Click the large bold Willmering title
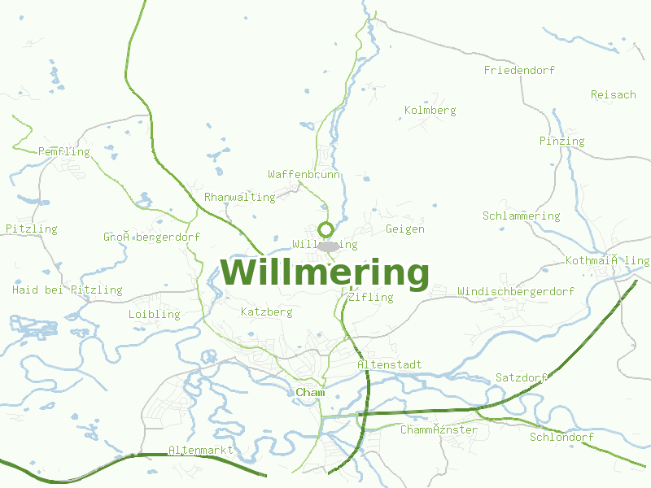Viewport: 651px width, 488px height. coord(325,273)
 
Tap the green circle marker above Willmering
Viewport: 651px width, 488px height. coord(326,229)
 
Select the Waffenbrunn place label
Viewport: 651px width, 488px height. coord(304,175)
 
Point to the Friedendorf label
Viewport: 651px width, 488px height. coord(519,71)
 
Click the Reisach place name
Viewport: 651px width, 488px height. coord(613,95)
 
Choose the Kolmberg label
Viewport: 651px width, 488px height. coord(430,111)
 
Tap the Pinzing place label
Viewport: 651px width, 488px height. coord(561,142)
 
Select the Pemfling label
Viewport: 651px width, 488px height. coord(64,152)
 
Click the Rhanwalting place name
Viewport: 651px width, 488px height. coord(239,198)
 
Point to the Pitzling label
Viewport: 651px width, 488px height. coord(32,229)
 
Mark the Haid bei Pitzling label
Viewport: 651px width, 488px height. coord(68,290)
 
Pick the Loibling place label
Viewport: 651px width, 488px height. coord(154,315)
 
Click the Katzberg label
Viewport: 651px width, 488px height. coord(267,312)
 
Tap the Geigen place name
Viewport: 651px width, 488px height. coord(405,229)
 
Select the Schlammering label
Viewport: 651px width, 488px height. coord(521,216)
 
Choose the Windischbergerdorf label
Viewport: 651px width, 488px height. coord(516,292)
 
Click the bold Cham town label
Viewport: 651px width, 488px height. coord(311,394)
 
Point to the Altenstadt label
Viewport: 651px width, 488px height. coord(389,365)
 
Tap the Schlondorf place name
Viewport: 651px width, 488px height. coord(561,438)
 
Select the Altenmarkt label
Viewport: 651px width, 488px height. coord(200,451)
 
